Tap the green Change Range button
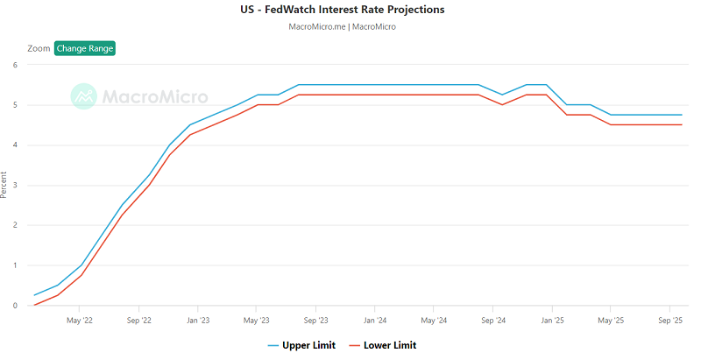click(85, 48)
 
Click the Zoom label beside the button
click(39, 48)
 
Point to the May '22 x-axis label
click(80, 321)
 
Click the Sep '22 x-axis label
click(139, 321)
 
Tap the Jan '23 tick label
click(198, 321)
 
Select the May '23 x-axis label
click(257, 321)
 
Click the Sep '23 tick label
click(316, 321)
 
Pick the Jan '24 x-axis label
click(375, 321)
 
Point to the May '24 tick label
click(434, 321)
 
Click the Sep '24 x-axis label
click(493, 321)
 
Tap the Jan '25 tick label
click(552, 321)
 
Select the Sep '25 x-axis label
click(670, 321)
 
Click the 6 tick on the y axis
click(16, 65)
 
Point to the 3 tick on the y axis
click(16, 185)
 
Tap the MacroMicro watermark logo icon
click(84, 96)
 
